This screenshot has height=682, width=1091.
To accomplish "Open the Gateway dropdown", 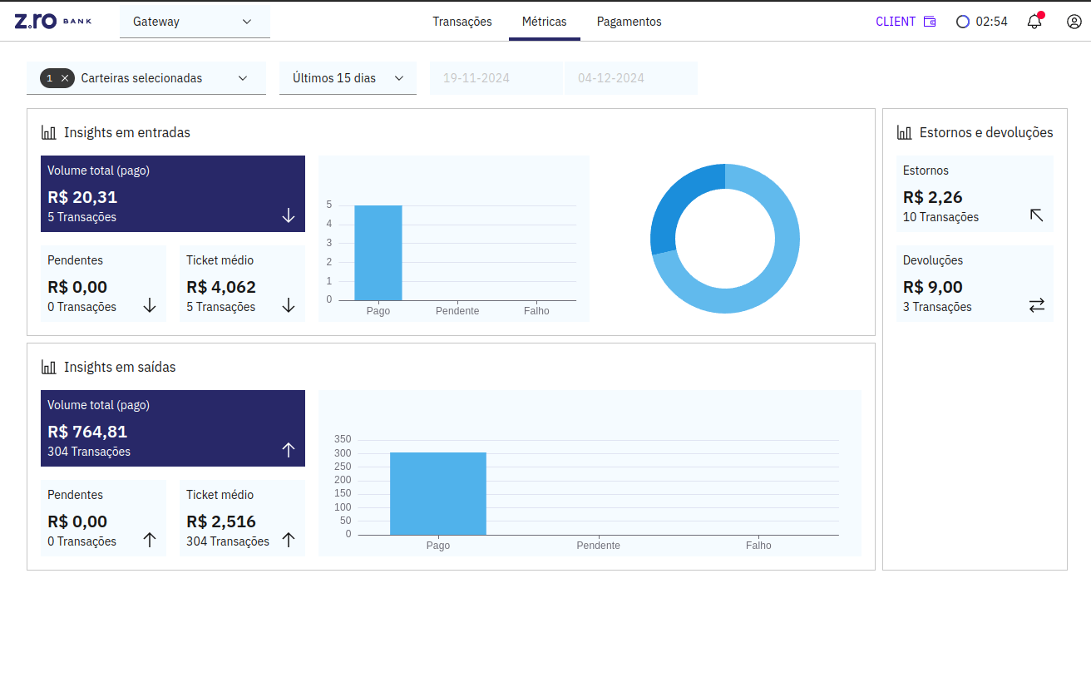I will (x=195, y=22).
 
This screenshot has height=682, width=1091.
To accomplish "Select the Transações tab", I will (x=462, y=22).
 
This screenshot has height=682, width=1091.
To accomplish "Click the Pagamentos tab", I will (x=629, y=22).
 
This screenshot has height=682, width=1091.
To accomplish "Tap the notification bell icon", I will (x=1034, y=22).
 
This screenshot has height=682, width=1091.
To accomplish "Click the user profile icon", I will (x=1074, y=22).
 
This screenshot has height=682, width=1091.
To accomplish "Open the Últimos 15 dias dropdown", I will (x=348, y=78).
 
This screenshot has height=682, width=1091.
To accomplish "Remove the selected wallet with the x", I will (x=65, y=78).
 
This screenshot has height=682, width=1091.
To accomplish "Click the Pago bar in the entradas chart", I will (x=378, y=253).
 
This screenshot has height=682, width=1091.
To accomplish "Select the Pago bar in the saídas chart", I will (x=437, y=493).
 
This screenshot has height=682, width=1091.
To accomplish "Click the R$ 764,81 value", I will (x=87, y=432).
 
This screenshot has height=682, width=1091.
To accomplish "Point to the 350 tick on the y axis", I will (x=343, y=439).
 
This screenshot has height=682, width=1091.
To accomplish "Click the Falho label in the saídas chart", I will (x=758, y=546).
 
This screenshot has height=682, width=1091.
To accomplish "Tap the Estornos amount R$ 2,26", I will (x=932, y=197).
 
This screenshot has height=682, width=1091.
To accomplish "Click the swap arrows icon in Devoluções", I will (x=1036, y=305).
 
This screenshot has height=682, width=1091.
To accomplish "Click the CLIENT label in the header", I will (x=896, y=22).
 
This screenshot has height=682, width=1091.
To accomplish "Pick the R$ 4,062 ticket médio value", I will (x=220, y=287).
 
